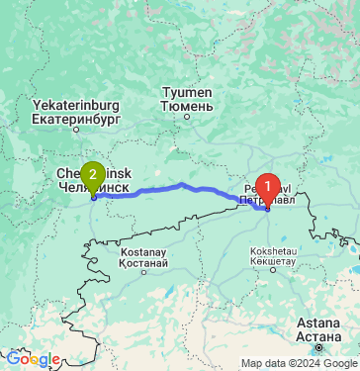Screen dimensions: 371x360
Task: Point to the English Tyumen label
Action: click(185, 93)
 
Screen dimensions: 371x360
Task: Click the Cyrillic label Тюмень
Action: click(186, 106)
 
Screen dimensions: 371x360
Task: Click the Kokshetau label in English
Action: click(277, 252)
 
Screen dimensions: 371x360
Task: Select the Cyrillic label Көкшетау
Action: click(277, 264)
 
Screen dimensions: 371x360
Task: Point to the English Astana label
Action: click(317, 324)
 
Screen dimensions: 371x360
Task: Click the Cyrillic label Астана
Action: click(317, 335)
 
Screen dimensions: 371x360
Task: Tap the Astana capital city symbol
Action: click(317, 348)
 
